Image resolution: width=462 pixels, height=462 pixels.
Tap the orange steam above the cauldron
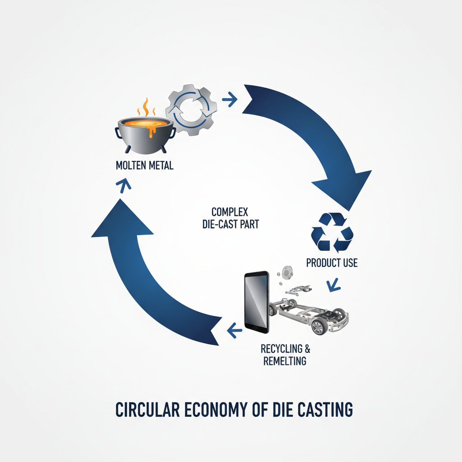pyautogui.click(x=146, y=108)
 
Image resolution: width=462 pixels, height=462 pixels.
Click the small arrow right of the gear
pyautogui.click(x=230, y=100)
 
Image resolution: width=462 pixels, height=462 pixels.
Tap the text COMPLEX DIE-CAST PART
pyautogui.click(x=231, y=217)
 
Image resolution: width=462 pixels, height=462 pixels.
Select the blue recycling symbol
pyautogui.click(x=333, y=232)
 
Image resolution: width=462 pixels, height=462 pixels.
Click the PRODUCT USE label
pyautogui.click(x=332, y=263)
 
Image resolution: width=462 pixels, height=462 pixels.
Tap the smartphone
pyautogui.click(x=256, y=301)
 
